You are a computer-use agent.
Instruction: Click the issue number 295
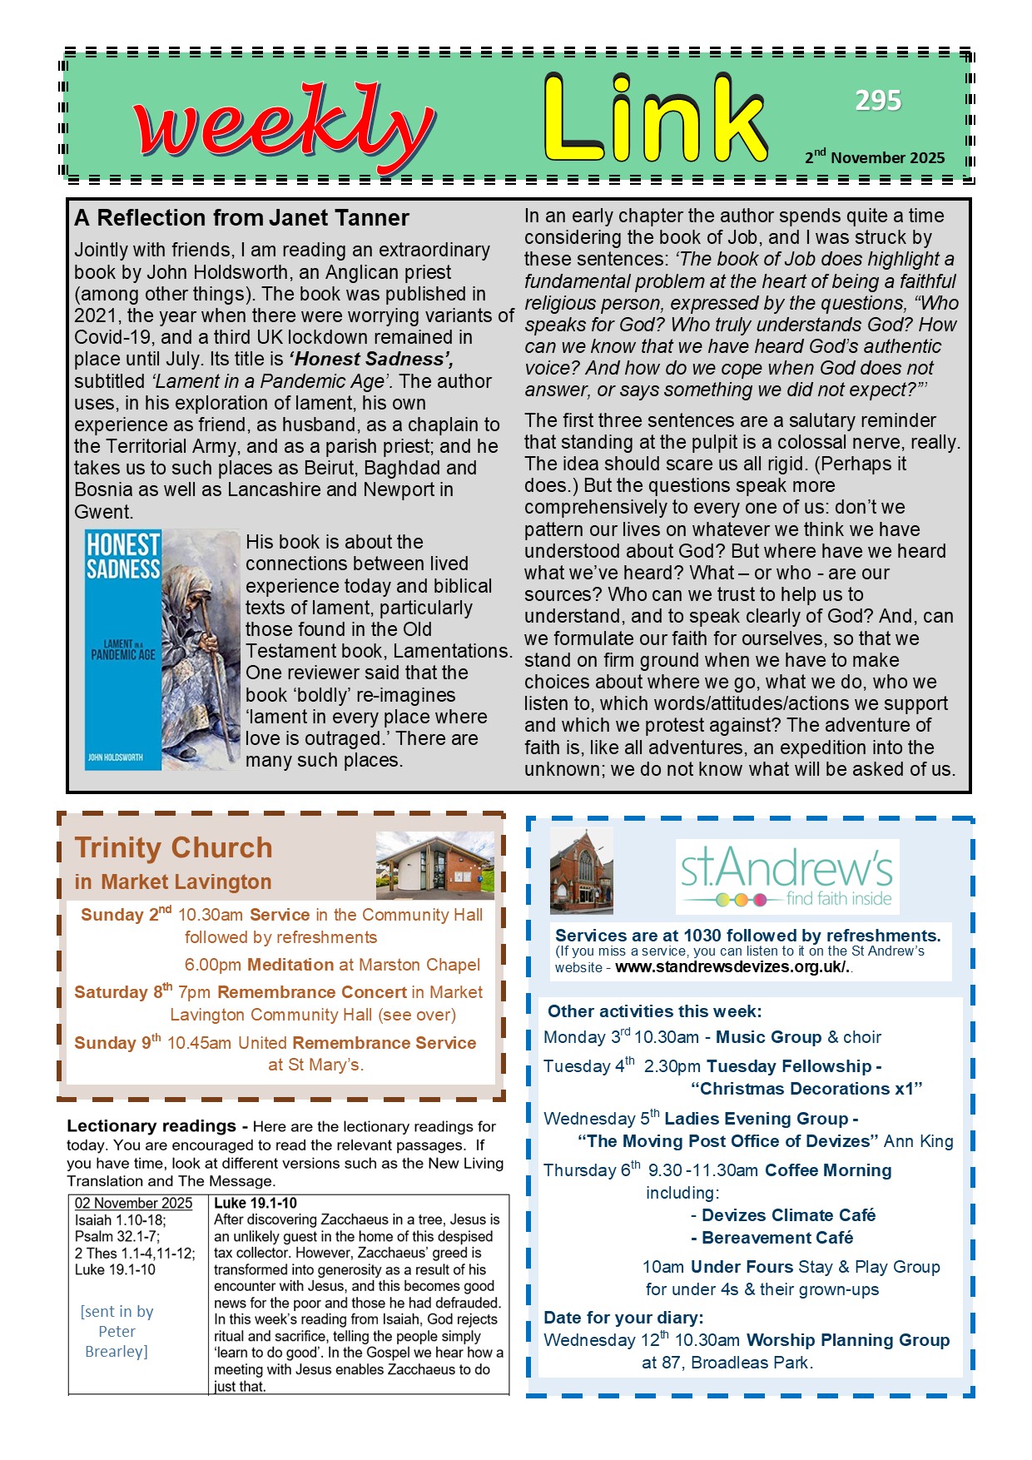point(878,101)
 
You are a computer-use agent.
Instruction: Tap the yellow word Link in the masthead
point(655,120)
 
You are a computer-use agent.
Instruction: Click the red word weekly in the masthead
point(283,127)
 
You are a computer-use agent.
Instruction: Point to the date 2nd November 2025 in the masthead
point(875,156)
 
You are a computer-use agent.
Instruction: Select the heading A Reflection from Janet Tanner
point(241,218)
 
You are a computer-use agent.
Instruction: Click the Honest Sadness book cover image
point(162,649)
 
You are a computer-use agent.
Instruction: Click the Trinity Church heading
point(173,847)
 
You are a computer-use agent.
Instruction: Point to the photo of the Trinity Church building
point(434,865)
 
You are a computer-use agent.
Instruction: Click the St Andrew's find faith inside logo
point(786,876)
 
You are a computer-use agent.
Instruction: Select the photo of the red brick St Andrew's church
point(582,871)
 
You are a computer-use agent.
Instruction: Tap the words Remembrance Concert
point(312,992)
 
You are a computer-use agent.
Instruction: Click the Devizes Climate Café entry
point(788,1215)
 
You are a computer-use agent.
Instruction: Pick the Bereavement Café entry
point(777,1238)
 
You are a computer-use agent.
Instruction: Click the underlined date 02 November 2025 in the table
point(133,1204)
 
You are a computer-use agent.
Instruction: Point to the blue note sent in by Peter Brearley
point(117,1331)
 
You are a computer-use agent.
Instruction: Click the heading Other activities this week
point(654,1011)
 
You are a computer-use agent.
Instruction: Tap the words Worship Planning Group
point(848,1340)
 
